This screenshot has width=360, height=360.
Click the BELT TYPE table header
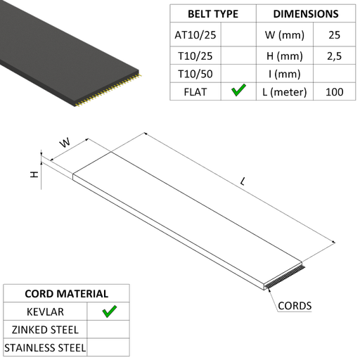point(213,14)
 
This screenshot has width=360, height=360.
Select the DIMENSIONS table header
point(306,14)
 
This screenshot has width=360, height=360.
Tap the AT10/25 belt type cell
point(195,35)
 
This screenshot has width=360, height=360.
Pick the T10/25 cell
point(195,56)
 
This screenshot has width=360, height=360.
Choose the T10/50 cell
point(195,74)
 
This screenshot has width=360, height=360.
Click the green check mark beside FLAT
point(238,90)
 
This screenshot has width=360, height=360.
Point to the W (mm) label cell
point(285,35)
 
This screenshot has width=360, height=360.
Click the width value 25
point(334,35)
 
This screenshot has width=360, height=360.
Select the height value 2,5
point(334,56)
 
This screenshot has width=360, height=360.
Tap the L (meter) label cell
point(285,92)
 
